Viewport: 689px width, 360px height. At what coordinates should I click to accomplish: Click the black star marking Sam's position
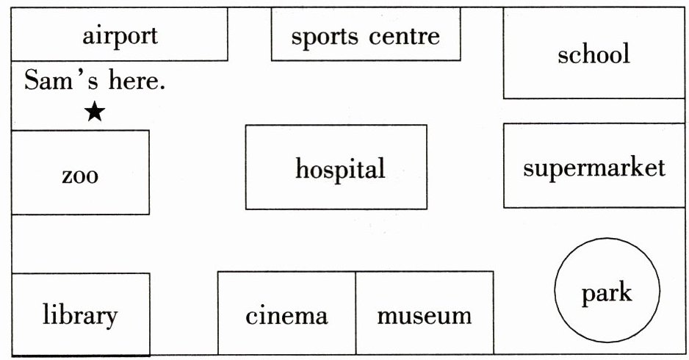point(94,112)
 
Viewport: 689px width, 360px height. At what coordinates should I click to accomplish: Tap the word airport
point(120,35)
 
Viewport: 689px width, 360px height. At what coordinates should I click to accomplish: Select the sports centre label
point(365,36)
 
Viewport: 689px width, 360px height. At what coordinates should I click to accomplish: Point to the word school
point(594,54)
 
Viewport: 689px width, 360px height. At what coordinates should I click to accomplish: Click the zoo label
point(80,176)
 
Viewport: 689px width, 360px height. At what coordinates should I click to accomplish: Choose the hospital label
point(340,169)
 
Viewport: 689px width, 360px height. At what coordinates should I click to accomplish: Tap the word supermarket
point(594,168)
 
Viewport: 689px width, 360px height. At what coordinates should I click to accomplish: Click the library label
point(80,315)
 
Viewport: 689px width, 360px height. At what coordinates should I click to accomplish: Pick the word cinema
point(286,316)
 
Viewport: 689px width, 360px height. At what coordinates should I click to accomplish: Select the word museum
point(424,316)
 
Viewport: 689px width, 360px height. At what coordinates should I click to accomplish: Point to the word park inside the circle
point(606,294)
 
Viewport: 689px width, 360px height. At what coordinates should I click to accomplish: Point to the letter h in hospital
point(301,168)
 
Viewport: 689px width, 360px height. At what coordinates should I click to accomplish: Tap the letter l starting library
point(45,314)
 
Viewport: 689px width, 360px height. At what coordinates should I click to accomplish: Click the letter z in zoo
point(67,177)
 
